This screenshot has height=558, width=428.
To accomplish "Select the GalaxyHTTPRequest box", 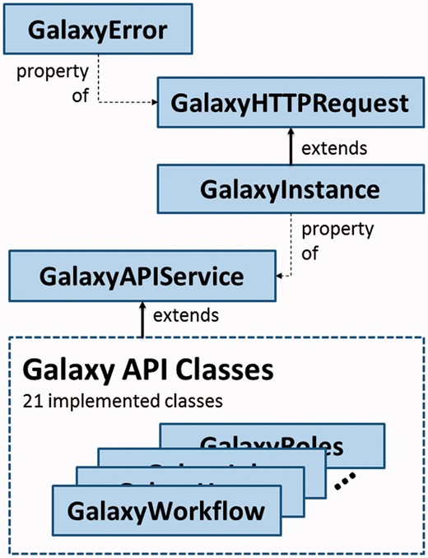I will [x=291, y=104].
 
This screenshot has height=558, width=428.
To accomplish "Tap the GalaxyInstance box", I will [x=291, y=189].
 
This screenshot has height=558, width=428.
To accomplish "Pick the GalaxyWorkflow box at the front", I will [x=166, y=510].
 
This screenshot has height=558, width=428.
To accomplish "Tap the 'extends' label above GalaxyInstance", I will [x=333, y=150].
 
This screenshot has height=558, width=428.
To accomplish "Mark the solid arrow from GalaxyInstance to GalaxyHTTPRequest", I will [x=291, y=146].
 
